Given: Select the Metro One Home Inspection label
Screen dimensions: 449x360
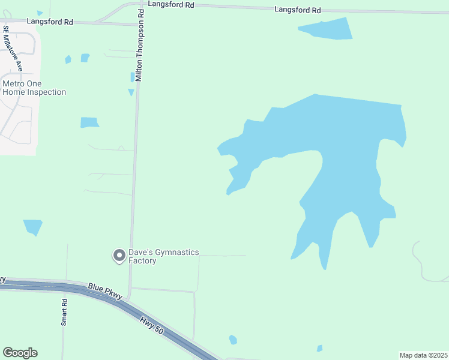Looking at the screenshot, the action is coord(34,88).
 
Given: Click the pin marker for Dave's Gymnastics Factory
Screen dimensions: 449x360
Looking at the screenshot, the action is coord(119,256).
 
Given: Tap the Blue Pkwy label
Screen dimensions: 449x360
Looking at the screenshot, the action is coord(105,292).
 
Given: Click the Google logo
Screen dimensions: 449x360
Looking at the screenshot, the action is coord(20,353).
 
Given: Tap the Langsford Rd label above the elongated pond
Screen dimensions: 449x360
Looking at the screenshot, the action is coord(298,10).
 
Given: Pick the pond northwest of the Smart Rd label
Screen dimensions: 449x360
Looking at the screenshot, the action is coord(32,227).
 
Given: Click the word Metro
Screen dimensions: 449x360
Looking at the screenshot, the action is coord(14,84).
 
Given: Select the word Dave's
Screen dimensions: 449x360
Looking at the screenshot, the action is coord(139,253).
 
